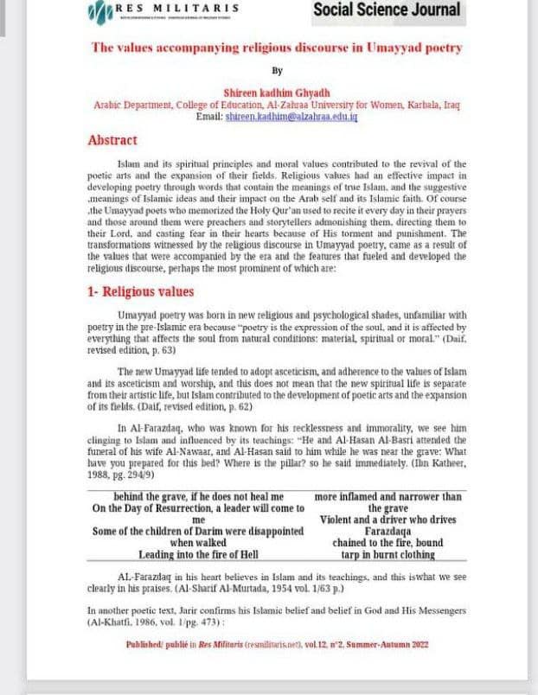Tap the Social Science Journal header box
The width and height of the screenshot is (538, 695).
point(387,11)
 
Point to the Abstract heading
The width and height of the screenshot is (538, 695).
point(112,140)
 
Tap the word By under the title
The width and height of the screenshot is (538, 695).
point(277,70)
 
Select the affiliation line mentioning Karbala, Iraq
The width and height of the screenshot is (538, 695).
point(277,104)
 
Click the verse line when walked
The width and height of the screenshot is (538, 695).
point(198,542)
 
